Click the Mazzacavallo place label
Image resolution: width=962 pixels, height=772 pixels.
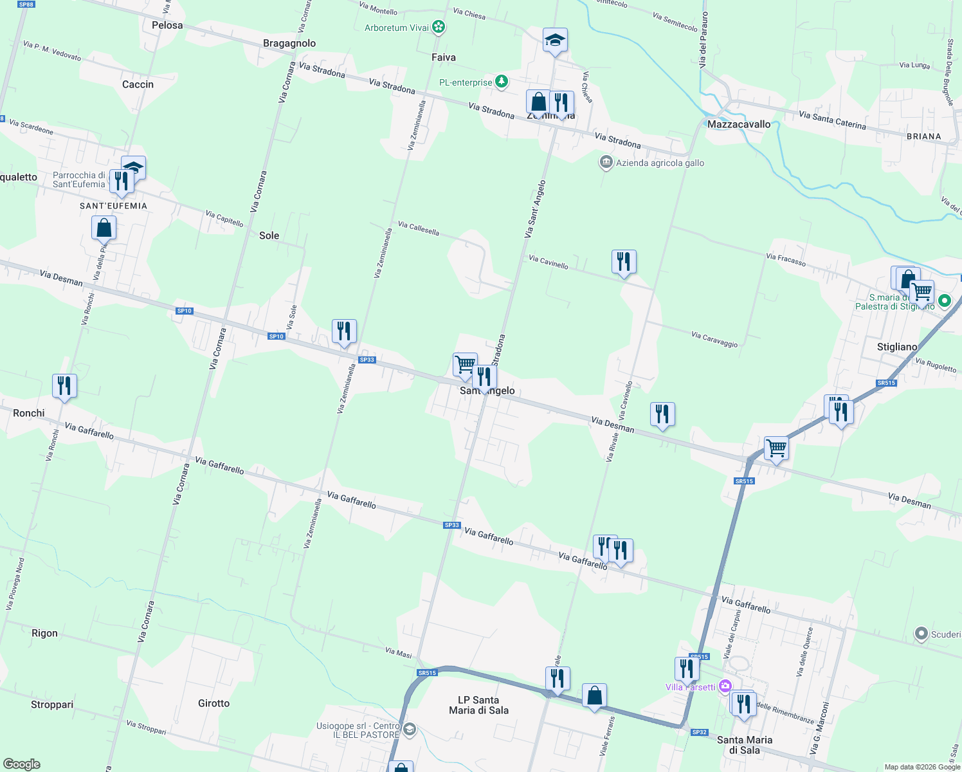[x=739, y=124]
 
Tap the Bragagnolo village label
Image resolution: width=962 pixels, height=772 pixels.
[x=289, y=43]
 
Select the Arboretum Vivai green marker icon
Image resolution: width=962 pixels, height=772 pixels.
[x=439, y=27]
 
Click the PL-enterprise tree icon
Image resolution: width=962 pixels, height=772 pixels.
[x=502, y=82]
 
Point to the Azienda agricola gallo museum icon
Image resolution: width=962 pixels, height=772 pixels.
[x=606, y=162]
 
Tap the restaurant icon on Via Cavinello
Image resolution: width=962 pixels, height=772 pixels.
[x=624, y=262]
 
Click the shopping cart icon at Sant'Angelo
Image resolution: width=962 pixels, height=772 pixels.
[x=465, y=364]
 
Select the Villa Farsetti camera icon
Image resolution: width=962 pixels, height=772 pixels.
[x=725, y=686]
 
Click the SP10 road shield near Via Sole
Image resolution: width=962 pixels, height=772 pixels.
[x=277, y=336]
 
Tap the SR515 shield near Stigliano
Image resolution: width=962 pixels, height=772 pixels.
[x=886, y=383]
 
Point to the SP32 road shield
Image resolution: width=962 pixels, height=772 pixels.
[x=699, y=732]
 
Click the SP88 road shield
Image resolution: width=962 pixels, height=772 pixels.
[x=26, y=5]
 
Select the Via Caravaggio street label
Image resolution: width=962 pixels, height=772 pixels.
[x=714, y=339]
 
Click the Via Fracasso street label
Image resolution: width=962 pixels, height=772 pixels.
[x=786, y=259]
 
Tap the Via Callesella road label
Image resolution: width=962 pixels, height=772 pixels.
[x=419, y=228]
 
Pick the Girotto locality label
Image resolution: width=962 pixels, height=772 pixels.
[x=213, y=703]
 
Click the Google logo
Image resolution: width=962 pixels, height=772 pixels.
[x=22, y=764]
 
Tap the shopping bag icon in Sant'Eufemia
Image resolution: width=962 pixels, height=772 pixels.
[x=104, y=228]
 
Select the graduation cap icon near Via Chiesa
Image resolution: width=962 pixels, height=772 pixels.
[x=555, y=41]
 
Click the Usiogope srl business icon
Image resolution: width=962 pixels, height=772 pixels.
[x=410, y=730]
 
